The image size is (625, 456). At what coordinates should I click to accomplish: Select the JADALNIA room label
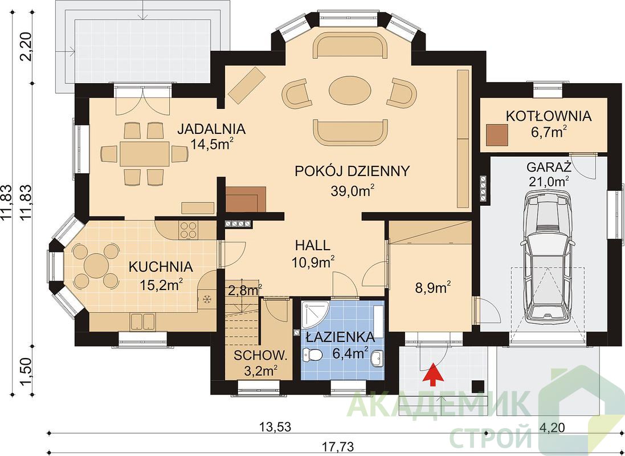pos(211,129)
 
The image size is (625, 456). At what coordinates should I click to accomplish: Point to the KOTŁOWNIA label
pos(548,116)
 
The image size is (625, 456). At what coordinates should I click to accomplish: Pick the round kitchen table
pos(95,264)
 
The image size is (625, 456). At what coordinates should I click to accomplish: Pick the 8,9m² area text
pos(433,288)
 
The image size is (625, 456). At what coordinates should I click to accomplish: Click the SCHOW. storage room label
pos(260,356)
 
